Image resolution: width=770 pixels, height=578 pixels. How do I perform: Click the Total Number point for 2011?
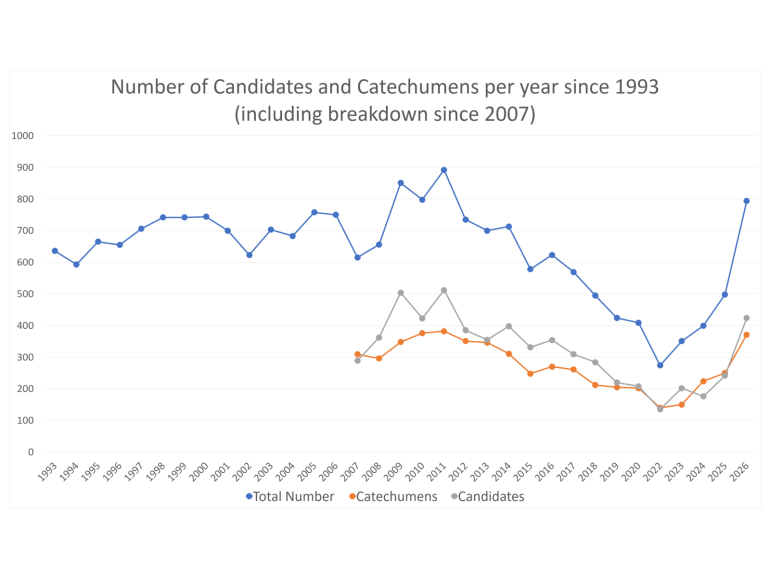pos(444,170)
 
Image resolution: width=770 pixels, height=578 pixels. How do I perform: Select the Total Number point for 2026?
pos(746,201)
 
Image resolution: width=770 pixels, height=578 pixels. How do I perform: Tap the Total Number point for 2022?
pos(660,365)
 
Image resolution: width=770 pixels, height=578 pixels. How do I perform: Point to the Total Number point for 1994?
pos(76,264)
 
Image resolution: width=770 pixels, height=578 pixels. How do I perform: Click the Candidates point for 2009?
pos(401,293)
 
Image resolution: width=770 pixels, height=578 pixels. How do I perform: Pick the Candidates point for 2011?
pos(444,290)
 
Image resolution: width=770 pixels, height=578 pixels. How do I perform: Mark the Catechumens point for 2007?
pos(357,354)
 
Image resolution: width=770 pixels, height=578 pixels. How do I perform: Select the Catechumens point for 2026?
pos(746,335)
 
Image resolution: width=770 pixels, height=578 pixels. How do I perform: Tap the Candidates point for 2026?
pos(746,318)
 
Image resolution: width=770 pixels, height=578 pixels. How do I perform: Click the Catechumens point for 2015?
pos(530,373)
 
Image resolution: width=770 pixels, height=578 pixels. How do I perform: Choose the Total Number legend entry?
pos(290,496)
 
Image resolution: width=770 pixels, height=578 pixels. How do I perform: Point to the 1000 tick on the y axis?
pos(22,136)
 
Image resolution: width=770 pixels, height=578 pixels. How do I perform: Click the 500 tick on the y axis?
pos(24,294)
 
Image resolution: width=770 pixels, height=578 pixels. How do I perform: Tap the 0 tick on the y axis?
pos(31,452)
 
